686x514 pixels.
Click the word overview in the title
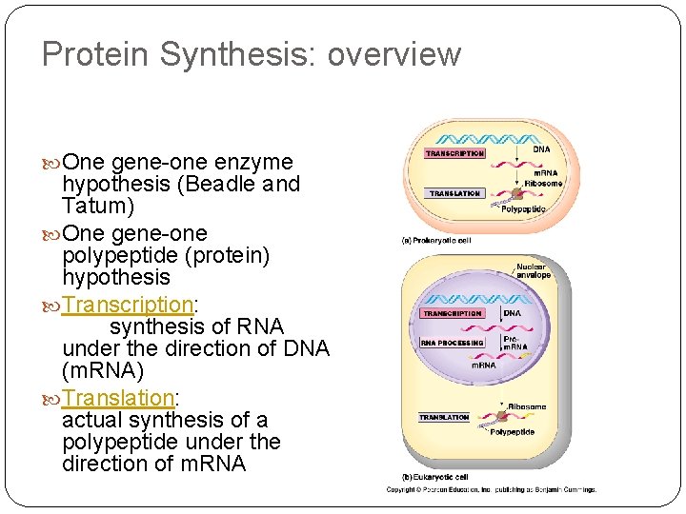click(393, 55)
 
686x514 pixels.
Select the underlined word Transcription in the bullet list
click(128, 305)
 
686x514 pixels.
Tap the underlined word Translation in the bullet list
click(118, 397)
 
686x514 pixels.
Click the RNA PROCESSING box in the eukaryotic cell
click(453, 343)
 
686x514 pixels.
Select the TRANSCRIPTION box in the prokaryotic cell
click(454, 153)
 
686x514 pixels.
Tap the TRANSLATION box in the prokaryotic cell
click(454, 193)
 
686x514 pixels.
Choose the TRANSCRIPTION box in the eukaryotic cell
click(452, 313)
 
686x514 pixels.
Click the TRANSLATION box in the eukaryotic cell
click(444, 417)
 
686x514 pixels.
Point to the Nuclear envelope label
click(533, 271)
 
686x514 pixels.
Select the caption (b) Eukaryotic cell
click(434, 476)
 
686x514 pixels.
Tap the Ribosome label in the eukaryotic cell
click(527, 407)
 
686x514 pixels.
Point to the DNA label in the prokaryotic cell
click(540, 149)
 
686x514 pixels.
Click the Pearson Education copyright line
click(491, 489)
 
